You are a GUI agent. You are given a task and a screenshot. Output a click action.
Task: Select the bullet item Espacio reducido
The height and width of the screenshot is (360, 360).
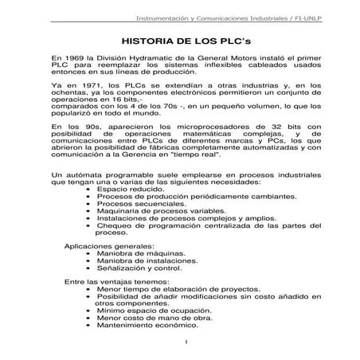127,189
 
